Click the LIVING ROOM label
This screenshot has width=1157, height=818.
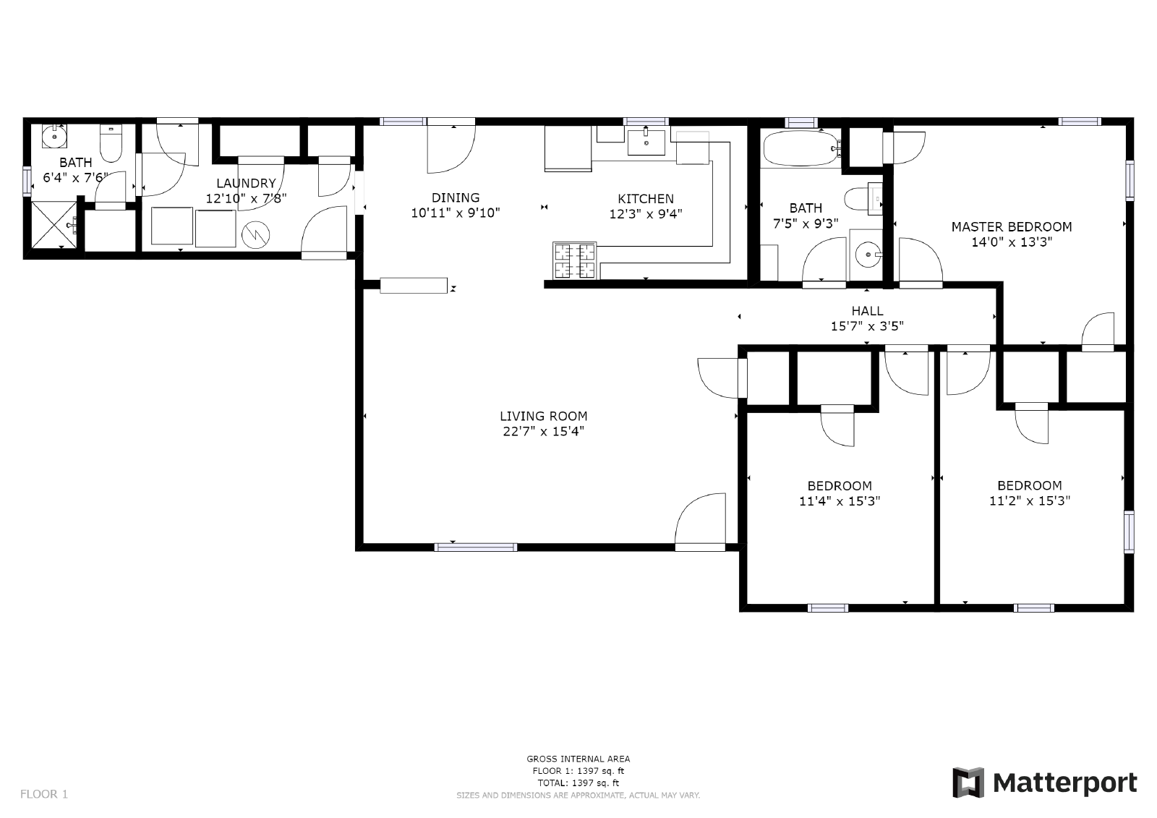click(543, 416)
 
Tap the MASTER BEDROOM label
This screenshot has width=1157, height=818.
click(1012, 227)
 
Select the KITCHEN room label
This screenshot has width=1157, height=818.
click(646, 199)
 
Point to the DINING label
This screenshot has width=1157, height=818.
click(456, 197)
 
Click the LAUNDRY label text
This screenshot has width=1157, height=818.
click(246, 183)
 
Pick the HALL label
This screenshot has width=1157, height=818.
click(867, 311)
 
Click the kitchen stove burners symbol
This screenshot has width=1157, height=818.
click(574, 260)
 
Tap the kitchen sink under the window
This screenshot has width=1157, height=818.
click(646, 142)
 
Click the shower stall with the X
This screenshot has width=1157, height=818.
click(54, 225)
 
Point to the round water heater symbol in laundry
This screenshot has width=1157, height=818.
click(256, 234)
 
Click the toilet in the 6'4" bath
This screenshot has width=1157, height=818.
click(111, 143)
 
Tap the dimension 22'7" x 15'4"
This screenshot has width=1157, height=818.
click(543, 432)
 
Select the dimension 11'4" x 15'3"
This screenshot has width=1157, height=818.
click(840, 501)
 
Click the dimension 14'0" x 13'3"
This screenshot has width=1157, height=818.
click(1012, 242)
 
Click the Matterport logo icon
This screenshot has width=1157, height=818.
click(968, 783)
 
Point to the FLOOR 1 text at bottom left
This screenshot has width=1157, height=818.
click(44, 794)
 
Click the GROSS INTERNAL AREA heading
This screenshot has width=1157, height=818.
click(578, 759)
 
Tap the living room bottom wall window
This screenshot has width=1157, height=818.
click(476, 548)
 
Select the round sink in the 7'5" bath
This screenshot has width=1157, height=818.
click(867, 255)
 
